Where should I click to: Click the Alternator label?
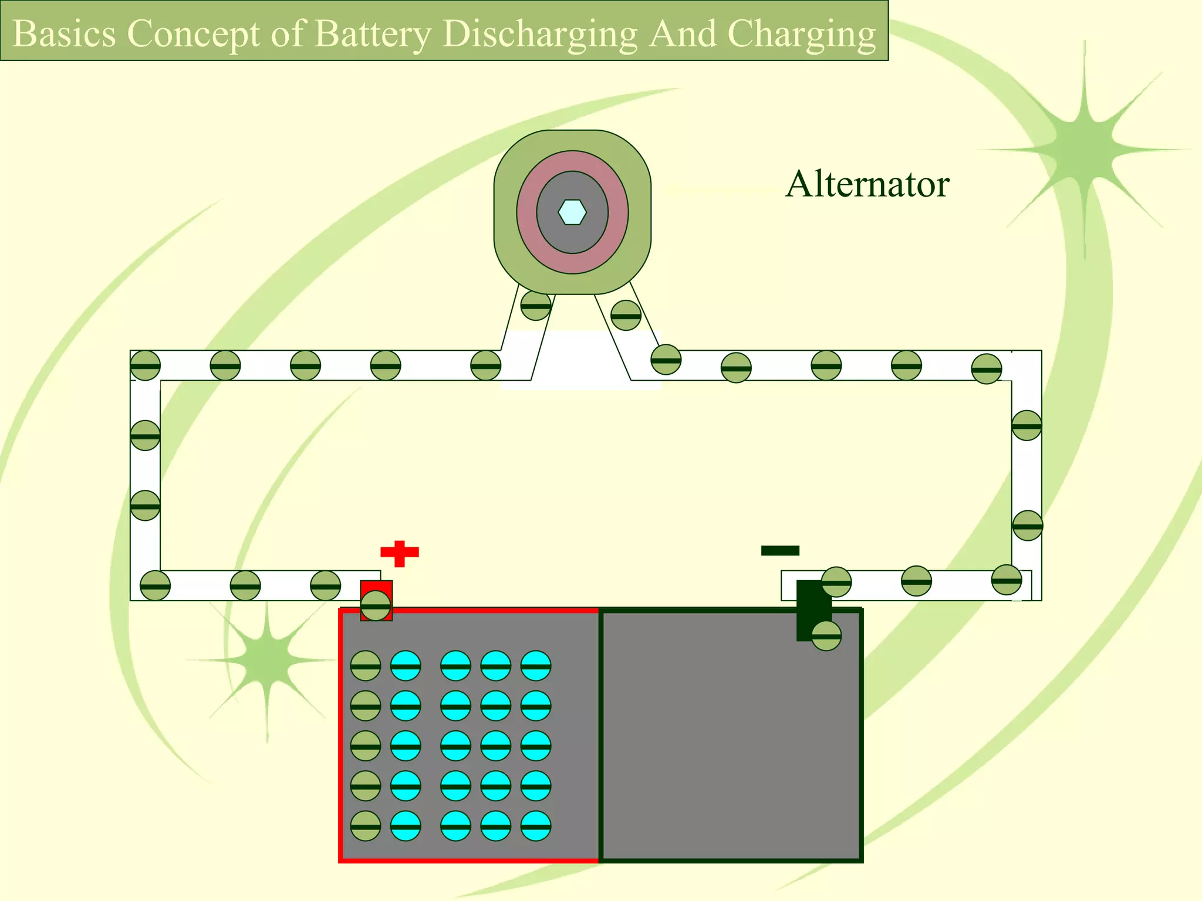pos(867,184)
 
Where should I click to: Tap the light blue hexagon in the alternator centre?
pos(572,212)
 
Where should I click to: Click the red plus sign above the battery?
pos(400,553)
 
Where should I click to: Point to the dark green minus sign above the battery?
pos(780,550)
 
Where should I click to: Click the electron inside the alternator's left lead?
pos(536,305)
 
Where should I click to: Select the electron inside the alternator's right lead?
pos(626,316)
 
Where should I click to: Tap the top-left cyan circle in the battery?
pos(406,666)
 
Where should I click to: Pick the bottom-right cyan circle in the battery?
pos(536,826)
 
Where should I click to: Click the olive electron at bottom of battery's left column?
pos(365,826)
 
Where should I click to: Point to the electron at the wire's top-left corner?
pos(145,365)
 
